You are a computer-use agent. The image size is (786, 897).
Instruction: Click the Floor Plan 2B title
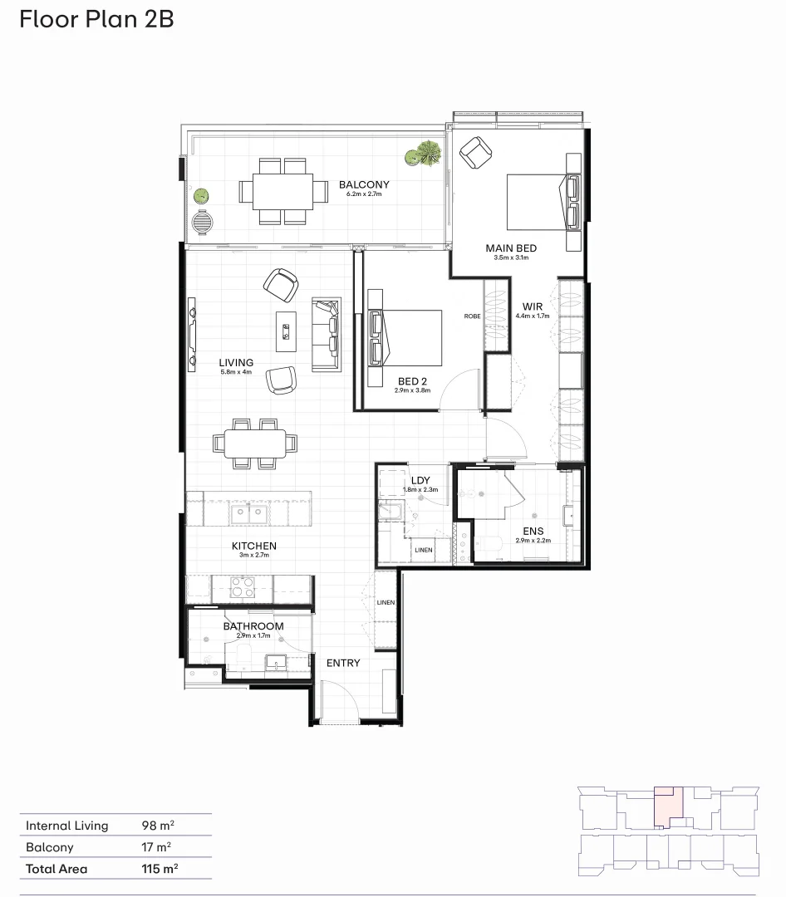pos(97,19)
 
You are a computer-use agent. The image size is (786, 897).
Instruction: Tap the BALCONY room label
pos(363,185)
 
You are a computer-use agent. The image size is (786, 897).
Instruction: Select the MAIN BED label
pos(511,248)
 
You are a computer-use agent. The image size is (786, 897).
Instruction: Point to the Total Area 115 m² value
pos(160,869)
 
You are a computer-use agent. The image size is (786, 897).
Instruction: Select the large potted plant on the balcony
pos(429,153)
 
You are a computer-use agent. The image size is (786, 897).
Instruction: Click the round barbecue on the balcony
pos(202,223)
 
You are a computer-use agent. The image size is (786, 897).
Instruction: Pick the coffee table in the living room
pos(287,331)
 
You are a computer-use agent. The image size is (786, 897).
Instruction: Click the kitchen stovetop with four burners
pos(241,588)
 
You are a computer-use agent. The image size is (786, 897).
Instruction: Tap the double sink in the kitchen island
pos(248,513)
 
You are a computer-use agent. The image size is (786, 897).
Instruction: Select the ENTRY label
pos(343,663)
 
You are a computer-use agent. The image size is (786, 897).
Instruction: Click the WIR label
pos(533,306)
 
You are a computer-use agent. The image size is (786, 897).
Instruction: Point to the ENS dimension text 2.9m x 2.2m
pos(533,541)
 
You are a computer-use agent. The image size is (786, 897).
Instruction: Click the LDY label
pos(420,480)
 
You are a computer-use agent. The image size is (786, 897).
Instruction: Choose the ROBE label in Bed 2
pos(472,316)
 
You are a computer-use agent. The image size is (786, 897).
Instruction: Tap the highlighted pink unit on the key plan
pos(668,806)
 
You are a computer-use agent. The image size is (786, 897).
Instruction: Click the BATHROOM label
pos(253,626)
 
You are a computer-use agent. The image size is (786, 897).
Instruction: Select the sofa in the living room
pos(325,334)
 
